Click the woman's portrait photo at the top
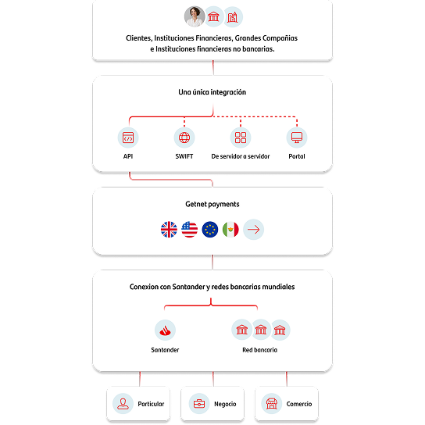(x=195, y=16)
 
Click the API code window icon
(x=128, y=137)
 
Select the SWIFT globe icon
(x=184, y=137)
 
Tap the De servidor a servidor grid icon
(x=241, y=137)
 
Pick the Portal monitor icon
(x=297, y=137)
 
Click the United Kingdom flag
(x=169, y=230)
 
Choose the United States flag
(x=190, y=230)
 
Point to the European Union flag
(x=210, y=230)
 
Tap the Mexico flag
(x=230, y=230)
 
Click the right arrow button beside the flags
(x=253, y=230)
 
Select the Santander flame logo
(x=165, y=330)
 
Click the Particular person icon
(x=123, y=404)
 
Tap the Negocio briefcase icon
(x=199, y=404)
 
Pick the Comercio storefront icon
(x=272, y=404)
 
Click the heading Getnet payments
(x=212, y=205)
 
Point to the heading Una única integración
(x=212, y=92)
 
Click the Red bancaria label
(x=259, y=350)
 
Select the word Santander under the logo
(x=165, y=350)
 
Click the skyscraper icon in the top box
(x=232, y=17)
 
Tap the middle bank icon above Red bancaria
(x=261, y=330)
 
